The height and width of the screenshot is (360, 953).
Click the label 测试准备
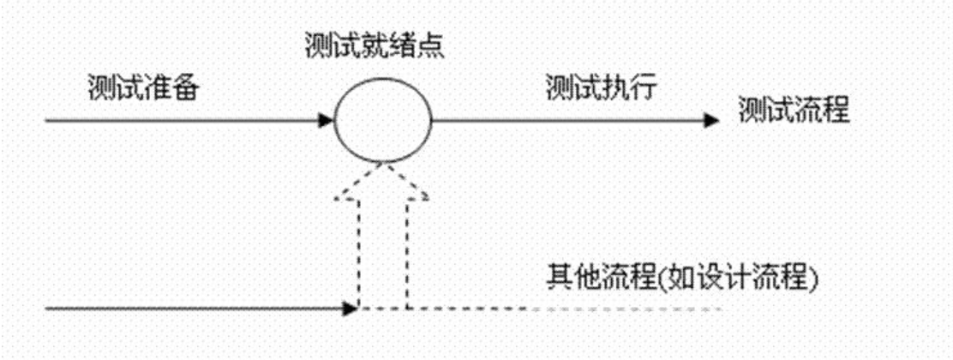143,88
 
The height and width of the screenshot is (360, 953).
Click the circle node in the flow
382,120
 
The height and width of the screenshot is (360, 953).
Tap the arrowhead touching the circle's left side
326,120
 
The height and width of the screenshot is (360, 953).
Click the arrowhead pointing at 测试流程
710,120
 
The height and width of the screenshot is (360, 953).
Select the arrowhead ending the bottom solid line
351,307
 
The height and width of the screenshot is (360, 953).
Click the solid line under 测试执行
566,120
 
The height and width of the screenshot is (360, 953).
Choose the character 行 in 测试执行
643,88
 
